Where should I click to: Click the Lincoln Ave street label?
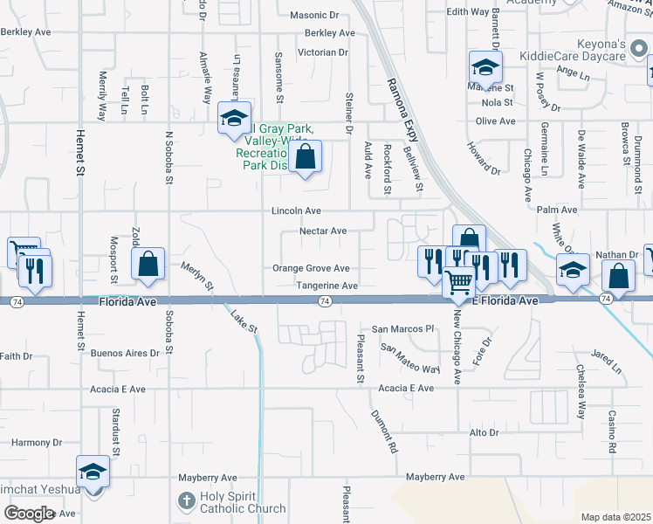[296, 210]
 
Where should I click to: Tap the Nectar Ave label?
[323, 231]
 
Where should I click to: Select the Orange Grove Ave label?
[311, 268]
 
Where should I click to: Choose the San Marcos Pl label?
[402, 329]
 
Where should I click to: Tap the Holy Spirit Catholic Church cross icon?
[185, 501]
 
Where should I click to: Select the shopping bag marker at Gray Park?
[306, 157]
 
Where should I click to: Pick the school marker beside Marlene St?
[485, 66]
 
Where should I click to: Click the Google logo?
[28, 513]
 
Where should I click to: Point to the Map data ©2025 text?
[615, 517]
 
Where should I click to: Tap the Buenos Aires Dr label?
[125, 354]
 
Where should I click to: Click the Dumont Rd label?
[384, 431]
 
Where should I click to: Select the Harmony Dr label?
[32, 443]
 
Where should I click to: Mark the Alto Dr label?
[484, 432]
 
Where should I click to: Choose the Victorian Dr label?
[323, 52]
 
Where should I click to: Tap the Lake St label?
[244, 324]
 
